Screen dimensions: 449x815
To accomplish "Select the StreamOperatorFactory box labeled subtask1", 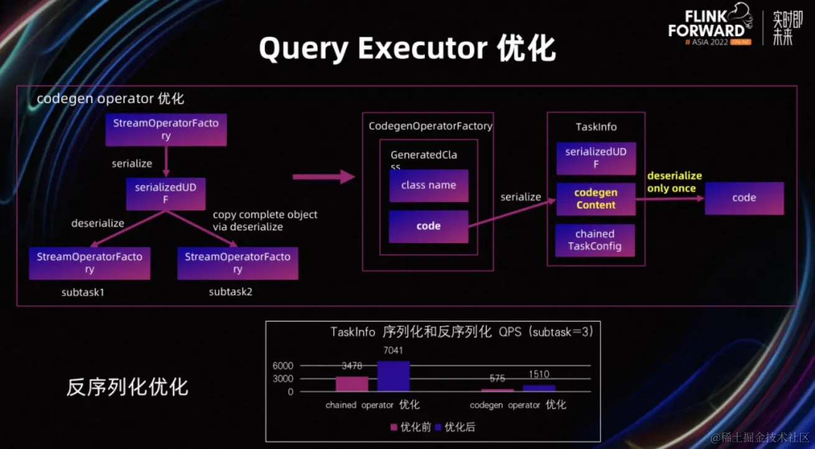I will [x=90, y=263].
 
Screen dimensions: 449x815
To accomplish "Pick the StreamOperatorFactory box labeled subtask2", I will [x=238, y=263].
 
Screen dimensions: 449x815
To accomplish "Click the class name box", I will [x=429, y=185].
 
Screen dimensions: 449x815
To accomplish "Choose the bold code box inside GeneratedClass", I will [x=429, y=226].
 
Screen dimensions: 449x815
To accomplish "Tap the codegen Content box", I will [x=595, y=199].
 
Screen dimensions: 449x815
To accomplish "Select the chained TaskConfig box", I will [x=595, y=240].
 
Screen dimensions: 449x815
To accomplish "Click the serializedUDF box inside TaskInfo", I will [x=595, y=158].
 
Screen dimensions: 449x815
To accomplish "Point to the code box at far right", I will [x=744, y=198].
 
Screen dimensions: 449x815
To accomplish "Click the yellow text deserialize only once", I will [x=674, y=182].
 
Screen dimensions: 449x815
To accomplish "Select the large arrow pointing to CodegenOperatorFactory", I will [x=324, y=177].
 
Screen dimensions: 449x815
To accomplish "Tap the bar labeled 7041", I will [x=393, y=376].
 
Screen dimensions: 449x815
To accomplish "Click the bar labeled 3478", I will [x=352, y=384].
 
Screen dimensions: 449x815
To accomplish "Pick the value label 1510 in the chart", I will [x=539, y=374].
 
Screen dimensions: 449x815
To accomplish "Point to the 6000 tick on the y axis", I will [x=282, y=366].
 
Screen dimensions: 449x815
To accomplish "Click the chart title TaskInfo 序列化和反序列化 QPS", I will [x=462, y=332].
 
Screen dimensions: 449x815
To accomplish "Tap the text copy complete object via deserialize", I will [x=265, y=221].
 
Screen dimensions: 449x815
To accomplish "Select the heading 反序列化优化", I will [x=128, y=387].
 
